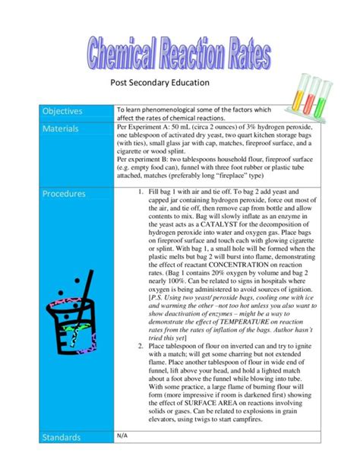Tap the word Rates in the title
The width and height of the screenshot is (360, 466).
[x=246, y=55]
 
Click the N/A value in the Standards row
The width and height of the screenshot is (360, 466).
[x=122, y=457]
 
